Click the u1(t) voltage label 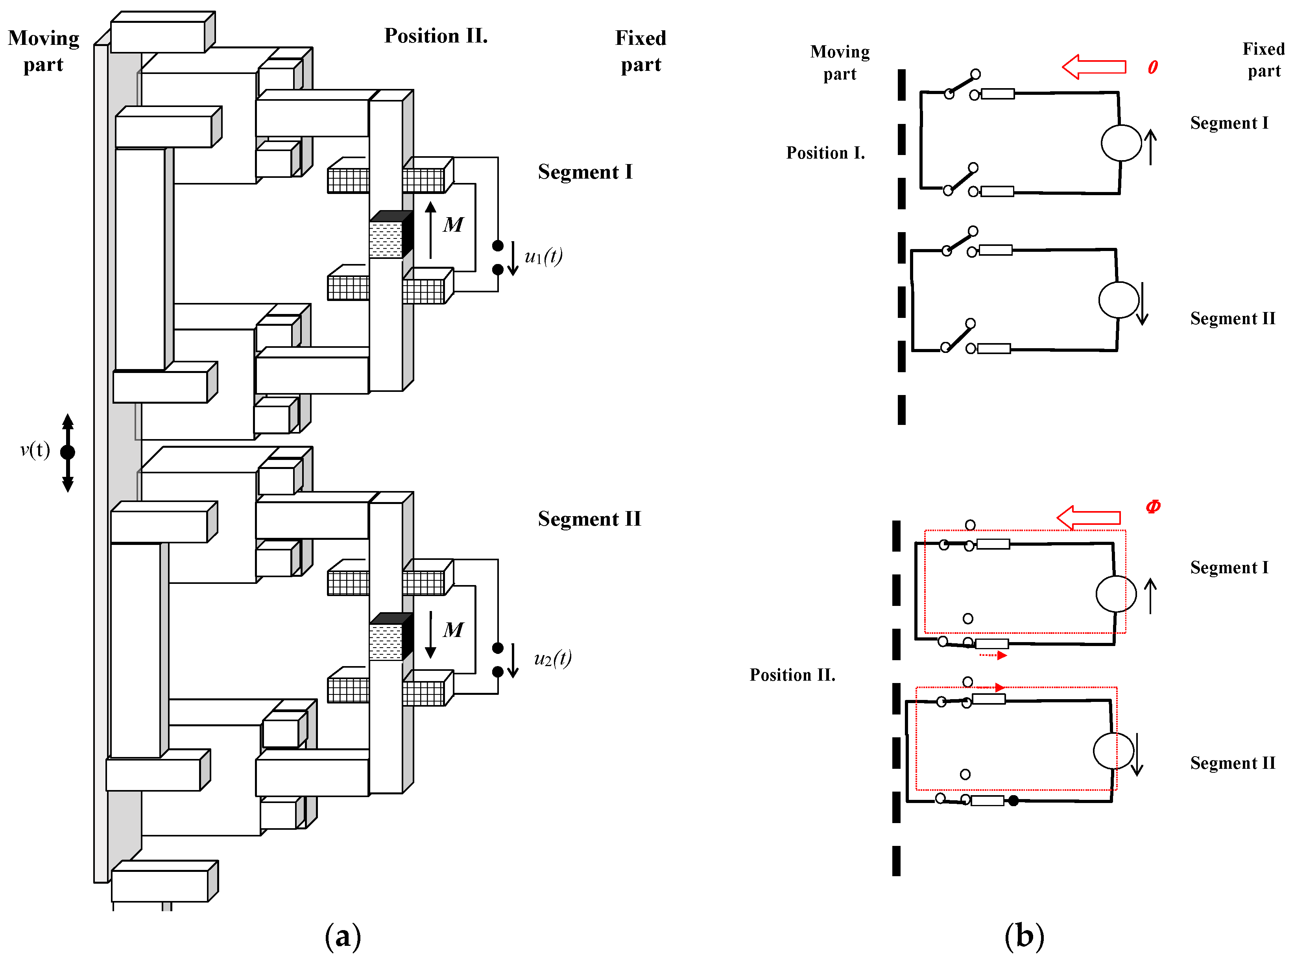click(543, 256)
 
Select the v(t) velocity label click(35, 450)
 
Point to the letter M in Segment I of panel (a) click(453, 225)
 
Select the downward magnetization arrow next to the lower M click(430, 635)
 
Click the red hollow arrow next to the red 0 click(1093, 67)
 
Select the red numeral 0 click(1153, 67)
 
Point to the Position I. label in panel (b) click(825, 153)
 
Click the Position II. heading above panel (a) click(436, 36)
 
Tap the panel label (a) click(343, 936)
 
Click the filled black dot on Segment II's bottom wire click(1013, 801)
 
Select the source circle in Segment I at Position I click(1121, 143)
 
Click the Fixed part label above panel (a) click(641, 51)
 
